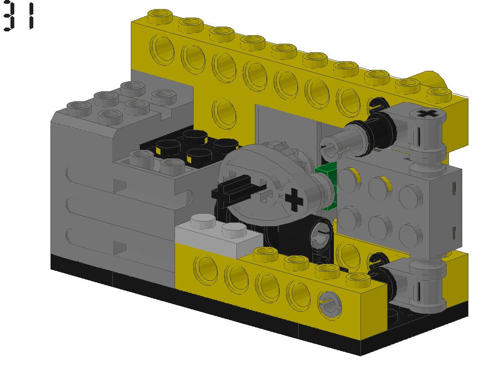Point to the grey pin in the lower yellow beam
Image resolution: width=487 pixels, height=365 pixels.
pos(328,303)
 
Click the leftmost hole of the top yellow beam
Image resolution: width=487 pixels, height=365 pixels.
pos(162,48)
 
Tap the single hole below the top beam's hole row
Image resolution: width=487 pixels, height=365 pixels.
pos(224,111)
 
